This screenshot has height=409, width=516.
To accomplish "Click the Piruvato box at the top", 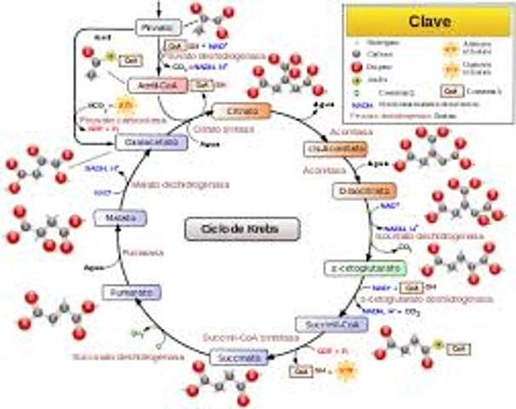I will click(160, 27).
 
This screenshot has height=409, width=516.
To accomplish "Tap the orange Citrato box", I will click(241, 112).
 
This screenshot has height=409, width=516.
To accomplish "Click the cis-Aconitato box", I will click(328, 149).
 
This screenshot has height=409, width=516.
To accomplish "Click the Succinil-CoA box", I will click(324, 325).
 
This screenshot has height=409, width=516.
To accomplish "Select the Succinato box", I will click(236, 357).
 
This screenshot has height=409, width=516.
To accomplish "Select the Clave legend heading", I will click(428, 20).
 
